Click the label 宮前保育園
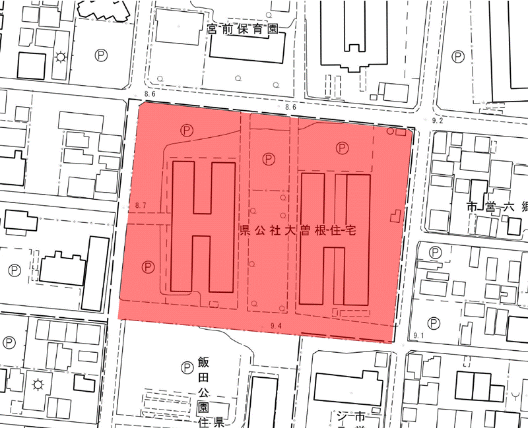242,30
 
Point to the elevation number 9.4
276,326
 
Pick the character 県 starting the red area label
244,231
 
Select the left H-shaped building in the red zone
202,226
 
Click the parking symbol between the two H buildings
268,159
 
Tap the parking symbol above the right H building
342,148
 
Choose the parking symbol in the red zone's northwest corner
187,131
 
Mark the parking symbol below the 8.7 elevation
148,267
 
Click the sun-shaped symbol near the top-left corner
61,57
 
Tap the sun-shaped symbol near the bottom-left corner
38,385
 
